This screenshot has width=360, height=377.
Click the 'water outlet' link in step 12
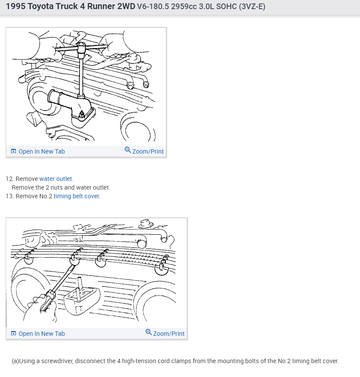[x=56, y=179]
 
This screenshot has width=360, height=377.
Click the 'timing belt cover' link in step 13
[x=76, y=196]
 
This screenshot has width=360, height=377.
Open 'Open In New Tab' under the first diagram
[x=42, y=151]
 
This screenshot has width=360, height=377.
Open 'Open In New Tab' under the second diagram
[x=42, y=334]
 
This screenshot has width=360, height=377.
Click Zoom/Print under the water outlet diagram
[x=148, y=151]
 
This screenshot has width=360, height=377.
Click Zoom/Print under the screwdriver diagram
[x=169, y=334]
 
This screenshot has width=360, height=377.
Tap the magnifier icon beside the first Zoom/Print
[x=128, y=150]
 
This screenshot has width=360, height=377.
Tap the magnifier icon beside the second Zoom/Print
[x=149, y=332]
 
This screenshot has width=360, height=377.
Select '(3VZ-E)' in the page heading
[x=252, y=7]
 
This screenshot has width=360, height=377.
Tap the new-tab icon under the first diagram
[x=13, y=151]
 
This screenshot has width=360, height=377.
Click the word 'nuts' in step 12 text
[x=56, y=187]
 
